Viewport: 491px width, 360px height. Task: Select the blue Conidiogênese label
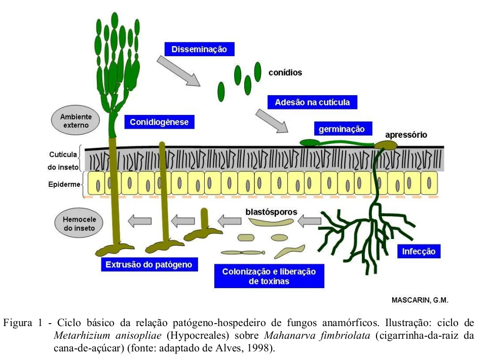(159, 122)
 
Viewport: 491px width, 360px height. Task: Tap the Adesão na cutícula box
(312, 102)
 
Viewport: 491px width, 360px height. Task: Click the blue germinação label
(342, 129)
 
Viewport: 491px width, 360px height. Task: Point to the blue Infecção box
(419, 251)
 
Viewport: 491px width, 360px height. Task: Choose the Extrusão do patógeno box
(149, 264)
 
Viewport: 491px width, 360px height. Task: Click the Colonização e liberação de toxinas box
(269, 276)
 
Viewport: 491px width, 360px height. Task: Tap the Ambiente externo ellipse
(76, 121)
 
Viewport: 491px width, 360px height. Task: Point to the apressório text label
(406, 135)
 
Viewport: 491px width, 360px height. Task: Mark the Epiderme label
(61, 184)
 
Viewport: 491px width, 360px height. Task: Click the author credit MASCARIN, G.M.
(420, 300)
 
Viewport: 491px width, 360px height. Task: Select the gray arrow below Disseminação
(178, 71)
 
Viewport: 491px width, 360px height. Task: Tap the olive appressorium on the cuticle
(387, 145)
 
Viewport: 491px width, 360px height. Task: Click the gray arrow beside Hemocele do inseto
(139, 221)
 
